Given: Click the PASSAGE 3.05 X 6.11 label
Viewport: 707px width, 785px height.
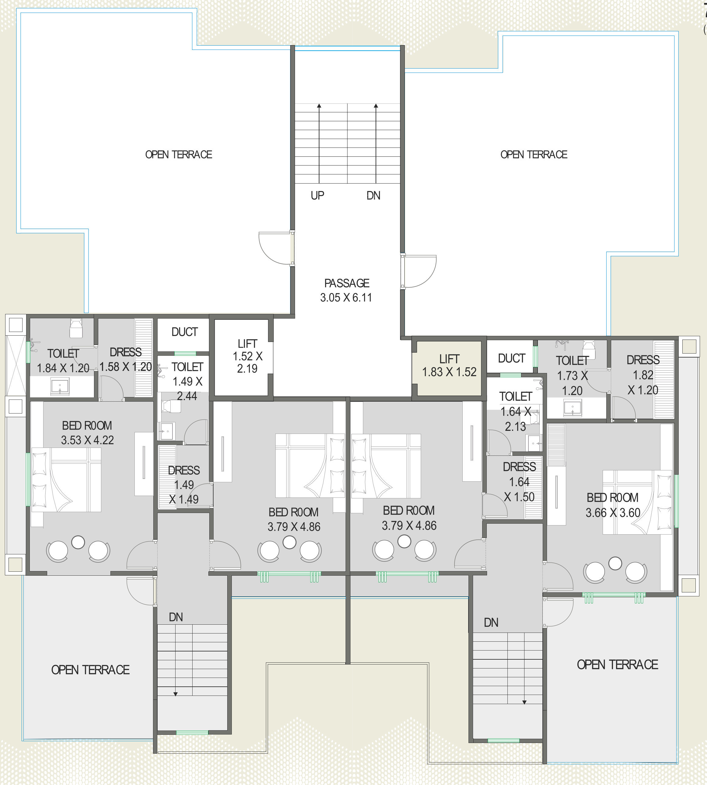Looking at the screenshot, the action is pyautogui.click(x=347, y=290).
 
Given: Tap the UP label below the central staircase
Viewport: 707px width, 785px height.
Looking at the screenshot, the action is pyautogui.click(x=317, y=195).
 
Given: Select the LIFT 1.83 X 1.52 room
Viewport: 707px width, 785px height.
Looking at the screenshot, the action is pyautogui.click(x=449, y=368).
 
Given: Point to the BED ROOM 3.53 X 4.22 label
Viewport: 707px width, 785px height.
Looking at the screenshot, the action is pyautogui.click(x=87, y=433).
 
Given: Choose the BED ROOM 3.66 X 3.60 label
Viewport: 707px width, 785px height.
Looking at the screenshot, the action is pyautogui.click(x=613, y=505).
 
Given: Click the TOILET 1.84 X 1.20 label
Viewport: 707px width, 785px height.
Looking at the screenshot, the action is pyautogui.click(x=63, y=361).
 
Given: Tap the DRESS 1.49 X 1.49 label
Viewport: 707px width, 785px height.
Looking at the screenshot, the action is pyautogui.click(x=184, y=485).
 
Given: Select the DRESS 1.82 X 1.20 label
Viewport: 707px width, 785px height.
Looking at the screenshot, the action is pyautogui.click(x=643, y=375).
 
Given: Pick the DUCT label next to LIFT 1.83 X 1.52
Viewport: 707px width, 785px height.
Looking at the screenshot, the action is pyautogui.click(x=512, y=358).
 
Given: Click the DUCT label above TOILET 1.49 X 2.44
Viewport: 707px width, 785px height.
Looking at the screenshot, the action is pyautogui.click(x=185, y=332).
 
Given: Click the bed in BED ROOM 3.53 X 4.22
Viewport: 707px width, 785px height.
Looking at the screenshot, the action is pyautogui.click(x=66, y=480).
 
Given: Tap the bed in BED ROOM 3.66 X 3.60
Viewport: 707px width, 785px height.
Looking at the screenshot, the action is pyautogui.click(x=637, y=502).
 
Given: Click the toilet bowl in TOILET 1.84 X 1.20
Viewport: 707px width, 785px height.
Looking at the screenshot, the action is pyautogui.click(x=76, y=328).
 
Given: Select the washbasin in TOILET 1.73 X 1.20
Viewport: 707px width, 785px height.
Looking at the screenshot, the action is pyautogui.click(x=573, y=408).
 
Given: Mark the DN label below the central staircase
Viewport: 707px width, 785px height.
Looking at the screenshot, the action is pyautogui.click(x=373, y=195).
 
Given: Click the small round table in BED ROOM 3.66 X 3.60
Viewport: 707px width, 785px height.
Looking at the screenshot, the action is pyautogui.click(x=615, y=563).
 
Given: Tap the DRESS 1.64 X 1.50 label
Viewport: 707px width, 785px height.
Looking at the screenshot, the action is pyautogui.click(x=519, y=482).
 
